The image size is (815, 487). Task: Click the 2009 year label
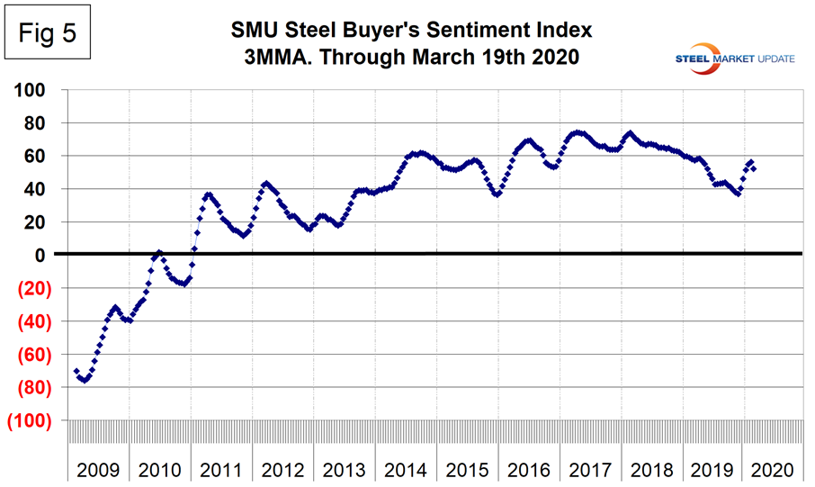click(x=98, y=469)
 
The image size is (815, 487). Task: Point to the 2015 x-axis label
click(x=466, y=469)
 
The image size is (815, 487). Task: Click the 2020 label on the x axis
click(x=772, y=469)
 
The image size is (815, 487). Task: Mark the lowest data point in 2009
click(x=83, y=380)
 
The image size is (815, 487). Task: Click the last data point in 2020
click(x=753, y=168)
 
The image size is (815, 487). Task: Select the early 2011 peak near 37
click(x=209, y=194)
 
